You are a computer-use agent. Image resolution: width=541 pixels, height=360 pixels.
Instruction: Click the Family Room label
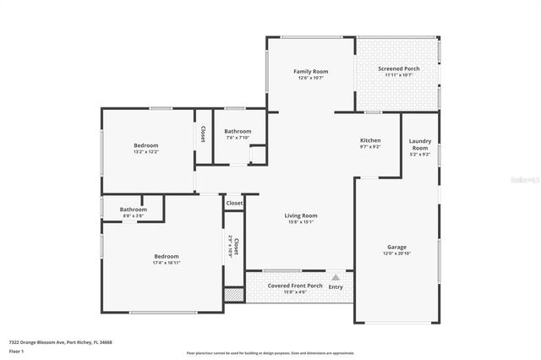pyautogui.click(x=310, y=72)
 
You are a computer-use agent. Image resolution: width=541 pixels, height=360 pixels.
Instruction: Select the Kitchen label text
pyautogui.click(x=370, y=140)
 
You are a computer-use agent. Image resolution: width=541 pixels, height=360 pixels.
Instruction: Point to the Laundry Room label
pyautogui.click(x=419, y=145)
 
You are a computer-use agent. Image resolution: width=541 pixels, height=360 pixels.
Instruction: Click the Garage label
pyautogui.click(x=396, y=248)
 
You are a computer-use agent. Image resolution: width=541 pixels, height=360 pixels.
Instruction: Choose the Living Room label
pyautogui.click(x=300, y=215)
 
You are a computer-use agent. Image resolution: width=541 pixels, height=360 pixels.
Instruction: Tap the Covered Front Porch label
pyautogui.click(x=295, y=286)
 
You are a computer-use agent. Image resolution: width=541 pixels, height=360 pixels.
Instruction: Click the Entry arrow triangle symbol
pyautogui.click(x=336, y=276)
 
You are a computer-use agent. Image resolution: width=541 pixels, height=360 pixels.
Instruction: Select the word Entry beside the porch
pyautogui.click(x=336, y=286)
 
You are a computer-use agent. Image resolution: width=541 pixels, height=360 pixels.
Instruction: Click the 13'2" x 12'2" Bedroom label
pyautogui.click(x=145, y=145)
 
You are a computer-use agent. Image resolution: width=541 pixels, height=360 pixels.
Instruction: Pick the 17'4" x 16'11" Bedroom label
pyautogui.click(x=167, y=256)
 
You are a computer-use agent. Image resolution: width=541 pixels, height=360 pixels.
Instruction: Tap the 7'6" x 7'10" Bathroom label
pyautogui.click(x=238, y=131)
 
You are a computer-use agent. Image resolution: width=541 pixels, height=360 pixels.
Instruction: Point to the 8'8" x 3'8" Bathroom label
pyautogui.click(x=133, y=210)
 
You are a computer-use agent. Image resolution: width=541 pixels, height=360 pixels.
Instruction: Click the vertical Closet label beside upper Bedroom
pyautogui.click(x=203, y=134)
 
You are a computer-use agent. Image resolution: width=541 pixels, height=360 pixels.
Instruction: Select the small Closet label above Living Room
pyautogui.click(x=234, y=203)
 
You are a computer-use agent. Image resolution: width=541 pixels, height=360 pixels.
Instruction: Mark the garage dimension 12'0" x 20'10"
pyautogui.click(x=396, y=254)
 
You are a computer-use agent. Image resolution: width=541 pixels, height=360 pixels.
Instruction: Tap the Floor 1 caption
pyautogui.click(x=17, y=351)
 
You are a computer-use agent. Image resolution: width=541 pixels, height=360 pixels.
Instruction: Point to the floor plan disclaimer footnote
pyautogui.click(x=270, y=352)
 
